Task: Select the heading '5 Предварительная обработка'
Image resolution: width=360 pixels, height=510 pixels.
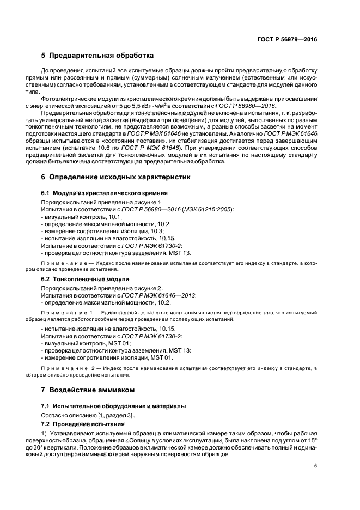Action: [x=97, y=56]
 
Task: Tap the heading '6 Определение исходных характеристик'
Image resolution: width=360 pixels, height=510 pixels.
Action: [x=115, y=177]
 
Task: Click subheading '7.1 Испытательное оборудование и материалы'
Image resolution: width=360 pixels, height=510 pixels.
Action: [x=114, y=406]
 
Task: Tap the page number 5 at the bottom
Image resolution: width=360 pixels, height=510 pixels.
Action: [x=315, y=466]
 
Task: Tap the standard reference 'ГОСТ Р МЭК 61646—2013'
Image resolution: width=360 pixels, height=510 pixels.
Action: [x=159, y=295]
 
